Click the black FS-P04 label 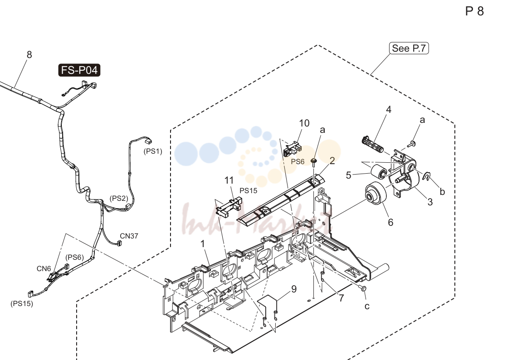79,70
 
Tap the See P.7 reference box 409,48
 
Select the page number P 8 474,11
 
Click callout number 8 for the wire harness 29,54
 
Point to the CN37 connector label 129,236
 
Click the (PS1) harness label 153,151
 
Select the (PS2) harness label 119,198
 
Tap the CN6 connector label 44,269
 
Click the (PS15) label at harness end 22,304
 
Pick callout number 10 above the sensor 304,123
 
